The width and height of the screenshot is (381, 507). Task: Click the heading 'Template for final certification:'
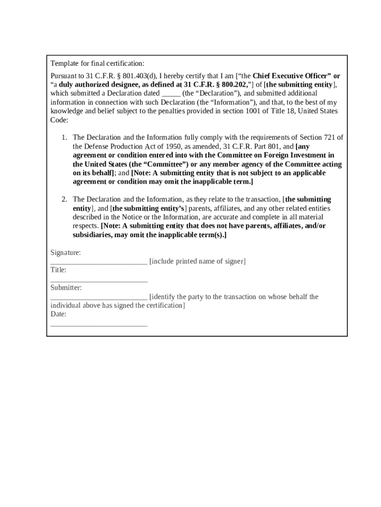97,63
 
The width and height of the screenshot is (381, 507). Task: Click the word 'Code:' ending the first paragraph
59,120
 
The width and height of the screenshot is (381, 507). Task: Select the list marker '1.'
64,137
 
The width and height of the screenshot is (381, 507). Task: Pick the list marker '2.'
64,199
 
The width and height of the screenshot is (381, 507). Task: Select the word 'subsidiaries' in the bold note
93,235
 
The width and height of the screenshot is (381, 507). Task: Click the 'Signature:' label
66,253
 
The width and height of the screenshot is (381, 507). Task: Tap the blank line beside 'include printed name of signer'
99,262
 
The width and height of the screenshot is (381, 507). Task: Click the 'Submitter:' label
66,288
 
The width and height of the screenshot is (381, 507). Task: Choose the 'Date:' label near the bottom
58,314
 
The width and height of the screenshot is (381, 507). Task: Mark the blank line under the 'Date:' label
99,324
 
